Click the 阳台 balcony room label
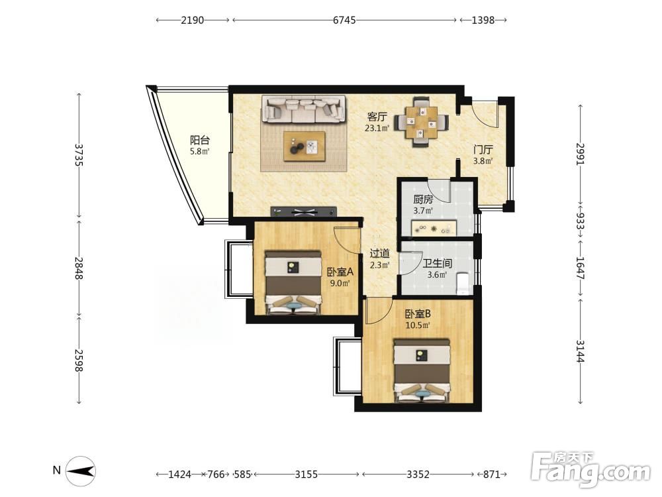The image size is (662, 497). (200, 140)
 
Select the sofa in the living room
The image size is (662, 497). (304, 109)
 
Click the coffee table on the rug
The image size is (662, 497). (305, 146)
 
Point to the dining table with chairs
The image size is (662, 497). (421, 122)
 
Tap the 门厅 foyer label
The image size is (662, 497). (483, 150)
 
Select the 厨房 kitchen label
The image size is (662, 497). (423, 199)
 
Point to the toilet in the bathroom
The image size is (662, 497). (463, 283)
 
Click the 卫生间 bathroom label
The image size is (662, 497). (438, 264)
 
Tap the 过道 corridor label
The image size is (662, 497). (379, 254)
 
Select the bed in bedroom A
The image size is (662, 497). (292, 282)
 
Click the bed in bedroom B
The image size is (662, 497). (421, 370)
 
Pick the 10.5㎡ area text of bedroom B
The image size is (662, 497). (418, 325)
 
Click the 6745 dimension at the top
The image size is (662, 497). (344, 20)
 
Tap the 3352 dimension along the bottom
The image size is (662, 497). (418, 474)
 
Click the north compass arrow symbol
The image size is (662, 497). (81, 471)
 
